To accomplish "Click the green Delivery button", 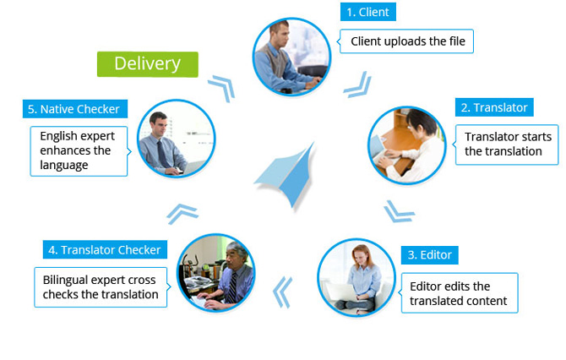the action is (x=148, y=64).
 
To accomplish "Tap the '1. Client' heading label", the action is (x=367, y=12).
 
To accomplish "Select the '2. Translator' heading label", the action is (x=494, y=107).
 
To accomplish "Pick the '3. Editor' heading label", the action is (x=429, y=255).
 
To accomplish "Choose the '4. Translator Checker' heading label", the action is (x=105, y=249).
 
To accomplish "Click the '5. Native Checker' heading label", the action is (x=75, y=109).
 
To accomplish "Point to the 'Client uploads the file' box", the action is (x=406, y=41).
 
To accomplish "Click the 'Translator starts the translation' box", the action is (x=506, y=145).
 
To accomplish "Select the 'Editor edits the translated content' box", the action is (x=459, y=293).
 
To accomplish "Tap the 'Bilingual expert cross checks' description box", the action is (x=101, y=287).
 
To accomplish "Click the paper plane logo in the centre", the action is (x=286, y=175).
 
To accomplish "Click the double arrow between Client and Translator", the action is (x=358, y=85).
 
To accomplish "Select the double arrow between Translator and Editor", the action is (x=399, y=211).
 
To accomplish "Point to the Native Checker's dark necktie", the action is (x=162, y=154).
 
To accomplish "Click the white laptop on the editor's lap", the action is (x=342, y=292).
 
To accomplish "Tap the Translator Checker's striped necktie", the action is (x=232, y=288).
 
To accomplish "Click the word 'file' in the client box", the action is (x=457, y=41).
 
